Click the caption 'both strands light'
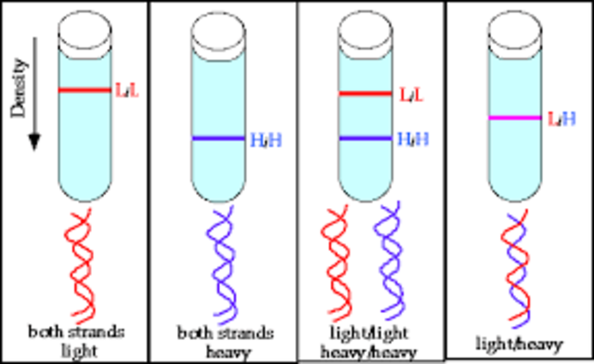(x=74, y=340)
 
